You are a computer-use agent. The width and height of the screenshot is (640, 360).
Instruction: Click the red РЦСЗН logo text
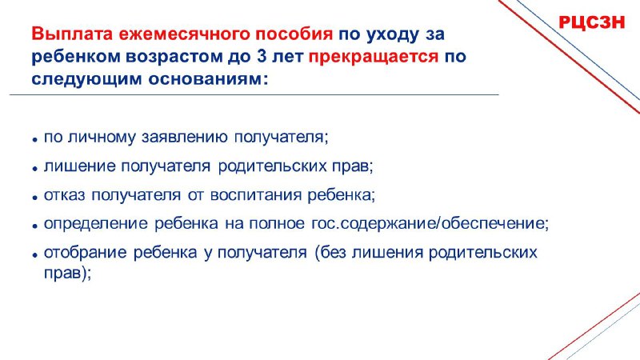coord(591,22)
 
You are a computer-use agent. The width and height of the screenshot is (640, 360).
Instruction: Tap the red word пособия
coord(294,34)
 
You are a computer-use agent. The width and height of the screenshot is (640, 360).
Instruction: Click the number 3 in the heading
coord(262,57)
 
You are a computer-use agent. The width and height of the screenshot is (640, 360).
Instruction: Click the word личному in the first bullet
coord(102,138)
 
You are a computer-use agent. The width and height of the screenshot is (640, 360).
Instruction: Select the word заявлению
coord(185,138)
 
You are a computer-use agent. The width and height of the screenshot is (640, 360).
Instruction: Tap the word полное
coord(276,224)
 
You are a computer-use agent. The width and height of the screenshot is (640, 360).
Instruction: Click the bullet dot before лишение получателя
coord(35,168)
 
